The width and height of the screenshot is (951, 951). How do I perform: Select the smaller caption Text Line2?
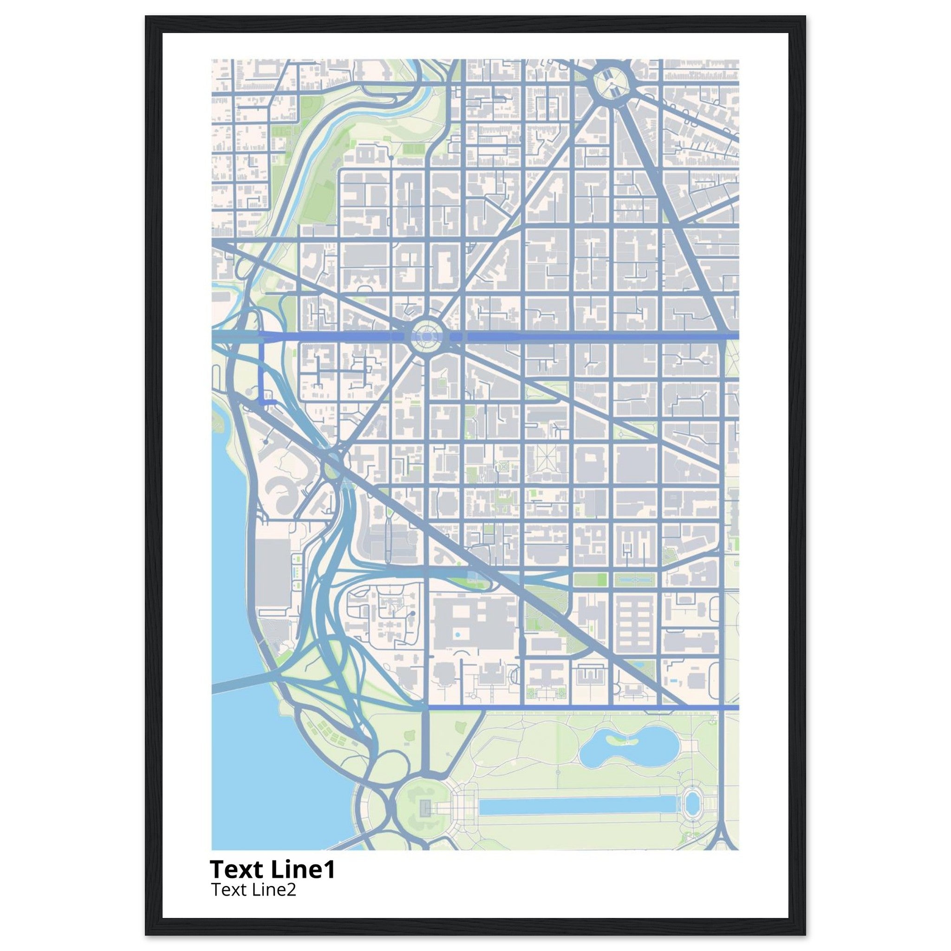coord(254,889)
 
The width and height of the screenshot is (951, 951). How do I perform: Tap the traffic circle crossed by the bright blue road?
coord(426,336)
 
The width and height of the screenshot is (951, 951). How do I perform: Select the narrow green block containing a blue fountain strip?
coord(634,580)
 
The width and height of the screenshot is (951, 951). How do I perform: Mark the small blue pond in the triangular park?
coord(638,665)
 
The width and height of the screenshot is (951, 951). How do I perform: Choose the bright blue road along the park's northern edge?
coord(581,707)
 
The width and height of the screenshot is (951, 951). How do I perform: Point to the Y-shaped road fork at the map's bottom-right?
coord(721,832)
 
